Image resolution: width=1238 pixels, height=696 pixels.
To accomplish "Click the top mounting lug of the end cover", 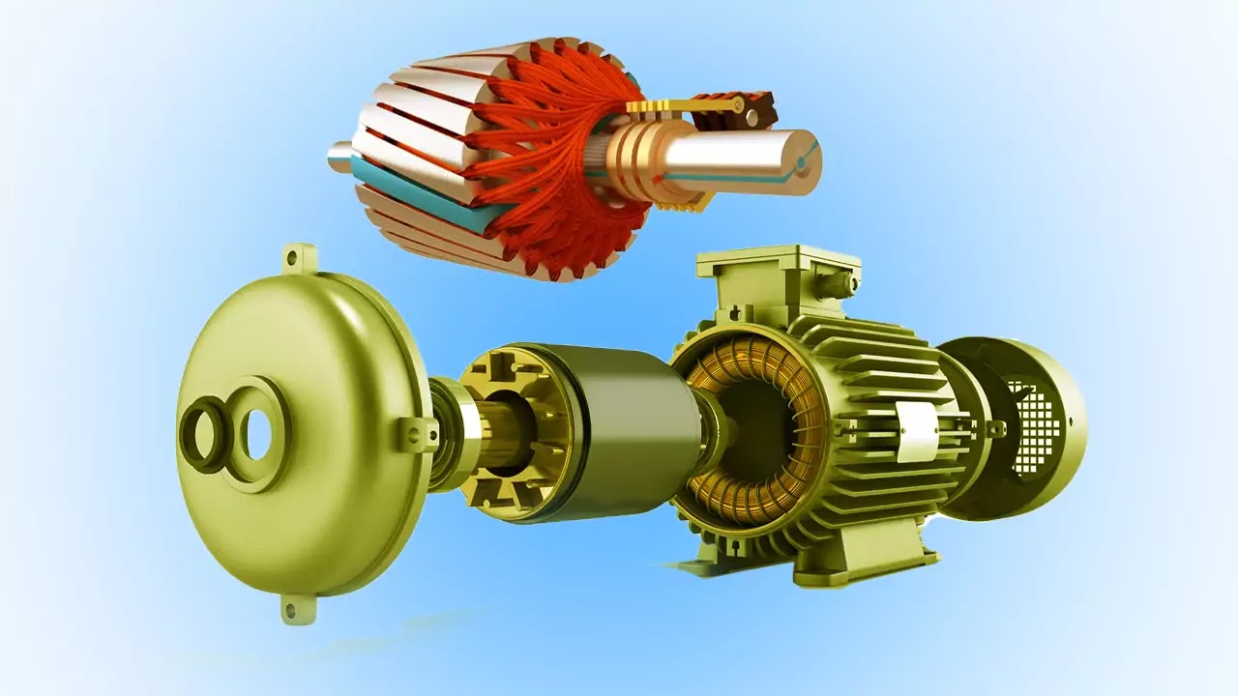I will [x=299, y=257].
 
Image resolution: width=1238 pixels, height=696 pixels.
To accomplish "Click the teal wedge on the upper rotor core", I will [x=416, y=194].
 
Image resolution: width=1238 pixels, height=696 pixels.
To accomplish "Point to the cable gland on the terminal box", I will [x=850, y=282].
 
